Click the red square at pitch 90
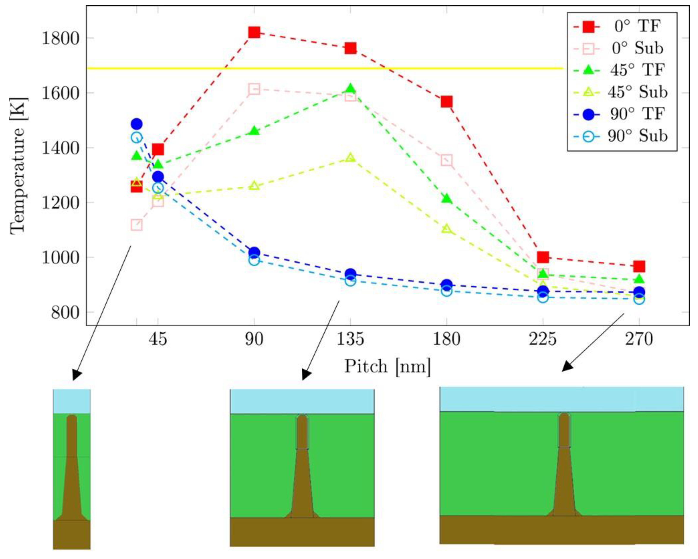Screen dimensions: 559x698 pyautogui.click(x=254, y=32)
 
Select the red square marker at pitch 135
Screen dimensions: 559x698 pyautogui.click(x=350, y=49)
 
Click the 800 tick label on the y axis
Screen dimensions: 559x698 pyautogui.click(x=61, y=313)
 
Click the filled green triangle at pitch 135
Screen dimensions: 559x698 pyautogui.click(x=350, y=88)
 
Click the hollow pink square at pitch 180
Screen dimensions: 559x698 pyautogui.click(x=446, y=160)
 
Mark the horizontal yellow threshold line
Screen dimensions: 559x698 pyautogui.click(x=324, y=68)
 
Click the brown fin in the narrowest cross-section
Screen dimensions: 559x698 pyautogui.click(x=72, y=469)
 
